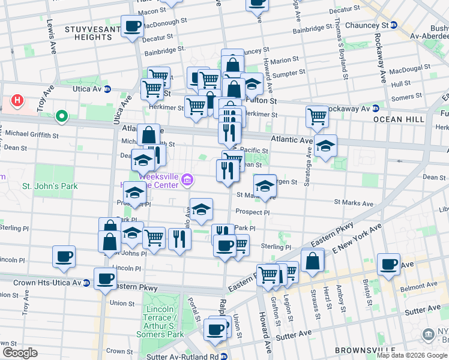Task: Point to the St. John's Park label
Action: pos(50,186)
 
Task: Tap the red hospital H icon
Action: pos(17,101)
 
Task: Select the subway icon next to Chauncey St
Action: pos(394,25)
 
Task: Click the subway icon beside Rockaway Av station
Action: pos(375,109)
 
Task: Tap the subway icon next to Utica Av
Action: pos(107,89)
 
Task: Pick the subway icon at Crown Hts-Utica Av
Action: pos(87,282)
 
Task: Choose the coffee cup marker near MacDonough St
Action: pos(132,26)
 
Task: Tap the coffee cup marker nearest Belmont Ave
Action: pos(388,263)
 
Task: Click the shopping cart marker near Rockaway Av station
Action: pos(317,116)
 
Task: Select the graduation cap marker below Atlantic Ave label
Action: pos(325,146)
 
